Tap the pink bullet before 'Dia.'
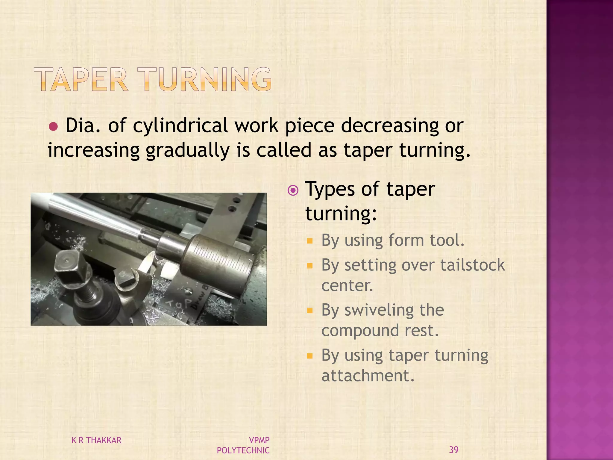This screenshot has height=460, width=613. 53,127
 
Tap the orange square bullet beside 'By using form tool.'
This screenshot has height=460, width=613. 310,241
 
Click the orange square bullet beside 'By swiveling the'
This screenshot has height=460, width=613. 310,311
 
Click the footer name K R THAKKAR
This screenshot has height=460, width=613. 96,440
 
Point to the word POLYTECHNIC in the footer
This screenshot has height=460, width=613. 243,450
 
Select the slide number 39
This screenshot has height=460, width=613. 454,450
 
